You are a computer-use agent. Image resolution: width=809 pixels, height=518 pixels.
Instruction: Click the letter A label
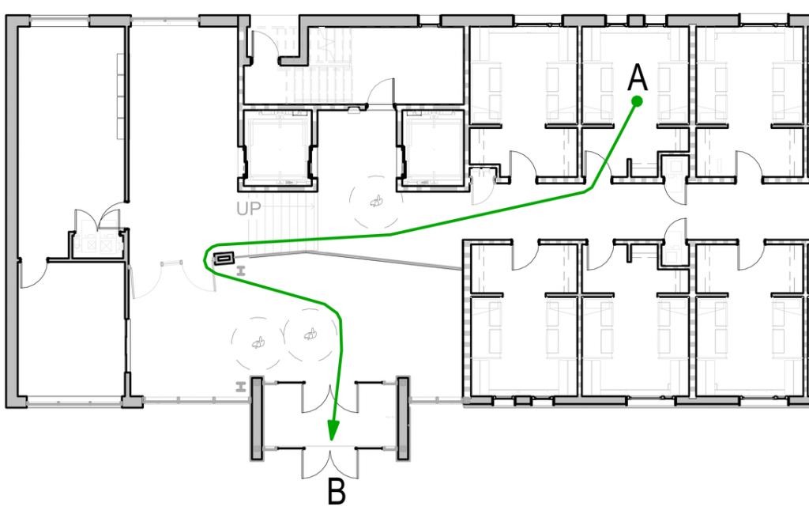638,78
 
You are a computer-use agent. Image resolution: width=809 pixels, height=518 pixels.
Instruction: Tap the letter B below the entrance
337,493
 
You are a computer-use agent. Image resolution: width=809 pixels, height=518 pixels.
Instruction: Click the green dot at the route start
637,101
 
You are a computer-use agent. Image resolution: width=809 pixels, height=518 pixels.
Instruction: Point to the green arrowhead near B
333,429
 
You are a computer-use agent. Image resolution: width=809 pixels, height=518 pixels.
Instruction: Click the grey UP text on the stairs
249,210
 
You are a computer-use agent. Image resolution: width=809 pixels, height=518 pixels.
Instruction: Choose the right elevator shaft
434,148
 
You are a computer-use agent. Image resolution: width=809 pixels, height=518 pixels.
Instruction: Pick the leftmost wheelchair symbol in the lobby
258,342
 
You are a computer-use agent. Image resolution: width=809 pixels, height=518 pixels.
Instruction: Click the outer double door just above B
329,463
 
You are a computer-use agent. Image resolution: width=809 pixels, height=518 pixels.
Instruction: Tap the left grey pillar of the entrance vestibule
257,419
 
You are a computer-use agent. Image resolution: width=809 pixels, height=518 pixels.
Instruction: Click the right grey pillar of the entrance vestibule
402,419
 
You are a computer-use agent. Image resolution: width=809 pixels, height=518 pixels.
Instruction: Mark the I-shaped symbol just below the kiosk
240,270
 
